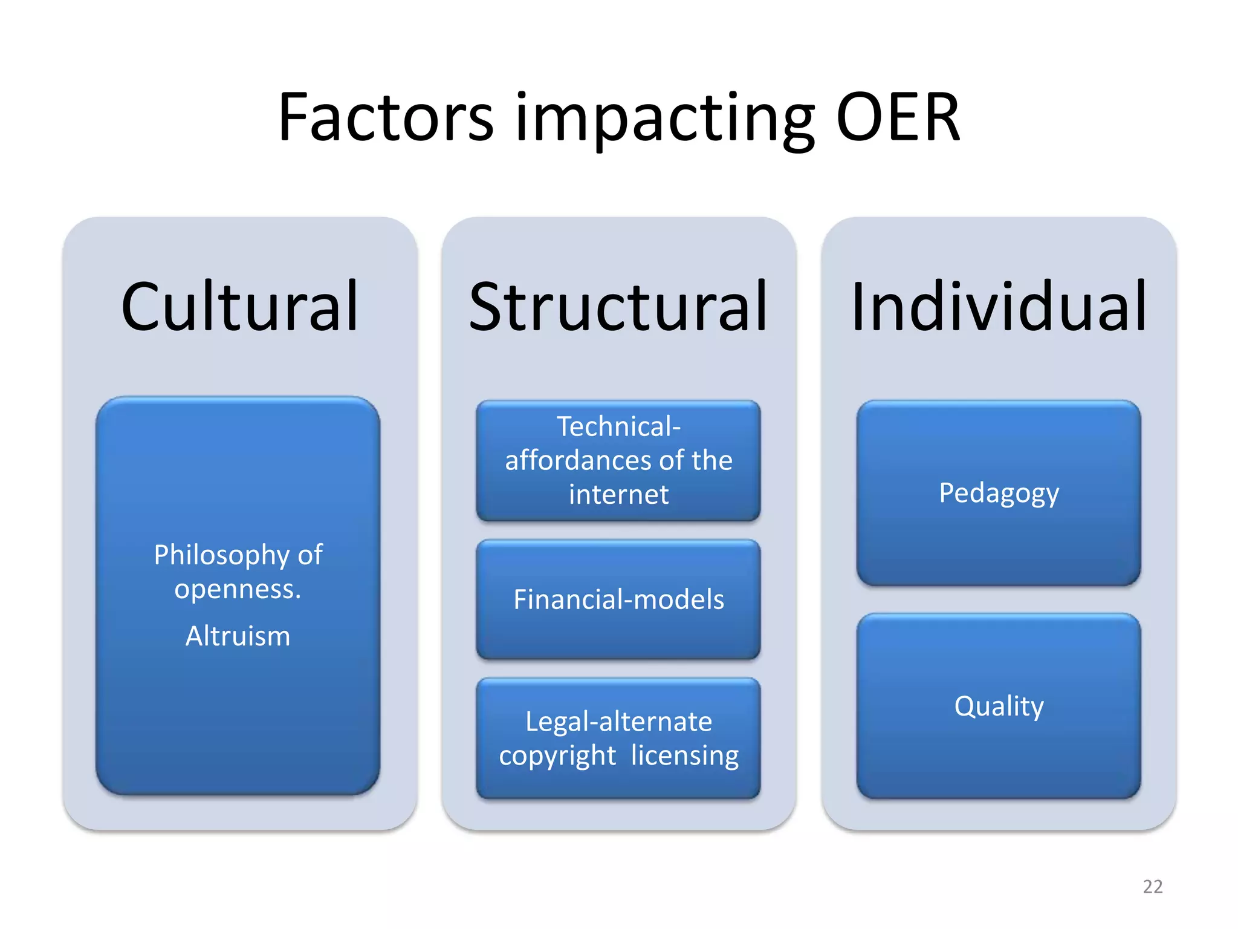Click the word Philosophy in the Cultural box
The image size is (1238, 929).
(x=222, y=555)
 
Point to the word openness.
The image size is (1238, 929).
(x=237, y=588)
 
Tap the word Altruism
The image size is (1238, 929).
(x=238, y=636)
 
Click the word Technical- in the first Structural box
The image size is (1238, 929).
(x=618, y=426)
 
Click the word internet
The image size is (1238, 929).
(x=618, y=494)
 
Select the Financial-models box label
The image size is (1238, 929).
(x=618, y=599)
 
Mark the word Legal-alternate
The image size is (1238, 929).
(x=618, y=722)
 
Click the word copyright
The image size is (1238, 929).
(x=557, y=756)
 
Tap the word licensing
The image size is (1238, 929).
(x=684, y=755)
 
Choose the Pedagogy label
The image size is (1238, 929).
(x=999, y=493)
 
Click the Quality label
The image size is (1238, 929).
(x=999, y=706)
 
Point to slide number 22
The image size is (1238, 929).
(x=1152, y=886)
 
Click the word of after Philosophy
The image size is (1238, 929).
(x=309, y=555)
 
